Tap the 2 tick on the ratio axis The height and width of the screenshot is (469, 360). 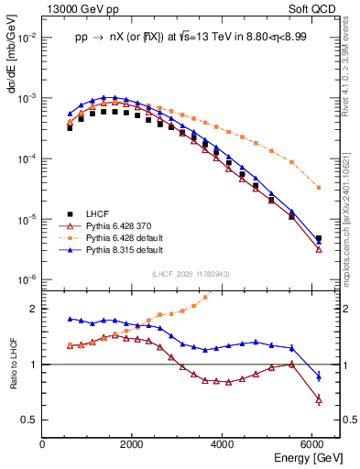[x=34, y=309]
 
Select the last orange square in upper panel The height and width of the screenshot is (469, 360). [x=318, y=188]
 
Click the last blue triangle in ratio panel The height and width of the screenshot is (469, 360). [x=318, y=376]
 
